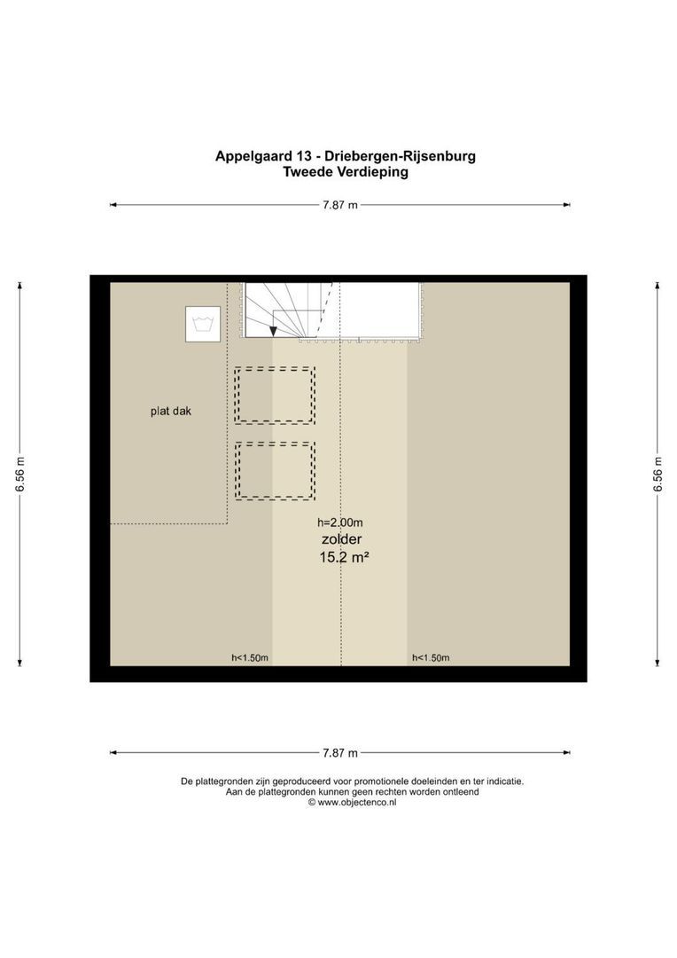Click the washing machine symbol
pos(203,324)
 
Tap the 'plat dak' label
pos(170,411)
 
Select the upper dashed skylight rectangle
pos(275,395)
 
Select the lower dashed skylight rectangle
pos(275,470)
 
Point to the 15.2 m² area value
pos(343,558)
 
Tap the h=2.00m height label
pos(341,522)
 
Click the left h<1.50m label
pos(250,658)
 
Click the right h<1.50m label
pos(431,658)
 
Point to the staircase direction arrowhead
pos(274,331)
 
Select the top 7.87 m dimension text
pos(340,205)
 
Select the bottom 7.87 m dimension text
pos(340,753)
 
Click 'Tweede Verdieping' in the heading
pos(345,173)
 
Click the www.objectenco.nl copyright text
pos(352,802)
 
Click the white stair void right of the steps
pos(379,310)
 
